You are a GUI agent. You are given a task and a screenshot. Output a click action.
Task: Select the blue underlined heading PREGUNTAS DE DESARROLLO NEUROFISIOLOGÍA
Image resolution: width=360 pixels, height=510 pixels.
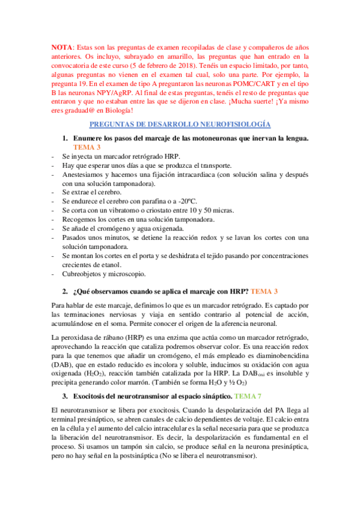[x=180, y=124]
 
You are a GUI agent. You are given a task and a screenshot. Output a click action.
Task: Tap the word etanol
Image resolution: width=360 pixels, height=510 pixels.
[x=126, y=265]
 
